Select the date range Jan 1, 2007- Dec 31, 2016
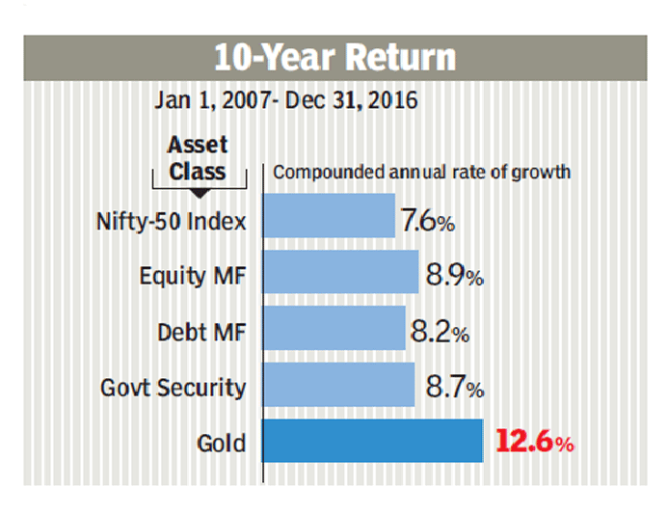click(286, 101)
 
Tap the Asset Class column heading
click(197, 158)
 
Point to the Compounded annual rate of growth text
click(422, 173)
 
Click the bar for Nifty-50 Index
click(329, 217)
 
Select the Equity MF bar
click(340, 274)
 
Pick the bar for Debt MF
click(334, 330)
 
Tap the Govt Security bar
click(338, 386)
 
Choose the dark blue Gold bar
click(372, 442)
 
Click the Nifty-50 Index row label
click(172, 221)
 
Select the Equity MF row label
click(193, 277)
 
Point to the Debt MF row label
click(201, 333)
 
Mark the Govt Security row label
click(174, 389)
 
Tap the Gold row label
click(221, 445)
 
